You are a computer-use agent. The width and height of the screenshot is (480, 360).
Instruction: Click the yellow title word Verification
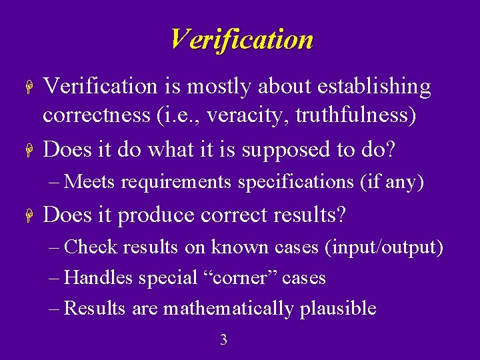point(241,39)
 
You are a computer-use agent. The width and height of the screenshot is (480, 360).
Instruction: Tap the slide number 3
point(223,340)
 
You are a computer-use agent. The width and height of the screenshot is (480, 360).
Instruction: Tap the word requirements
point(179,181)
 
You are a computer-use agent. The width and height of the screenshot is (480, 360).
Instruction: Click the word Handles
point(100,277)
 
